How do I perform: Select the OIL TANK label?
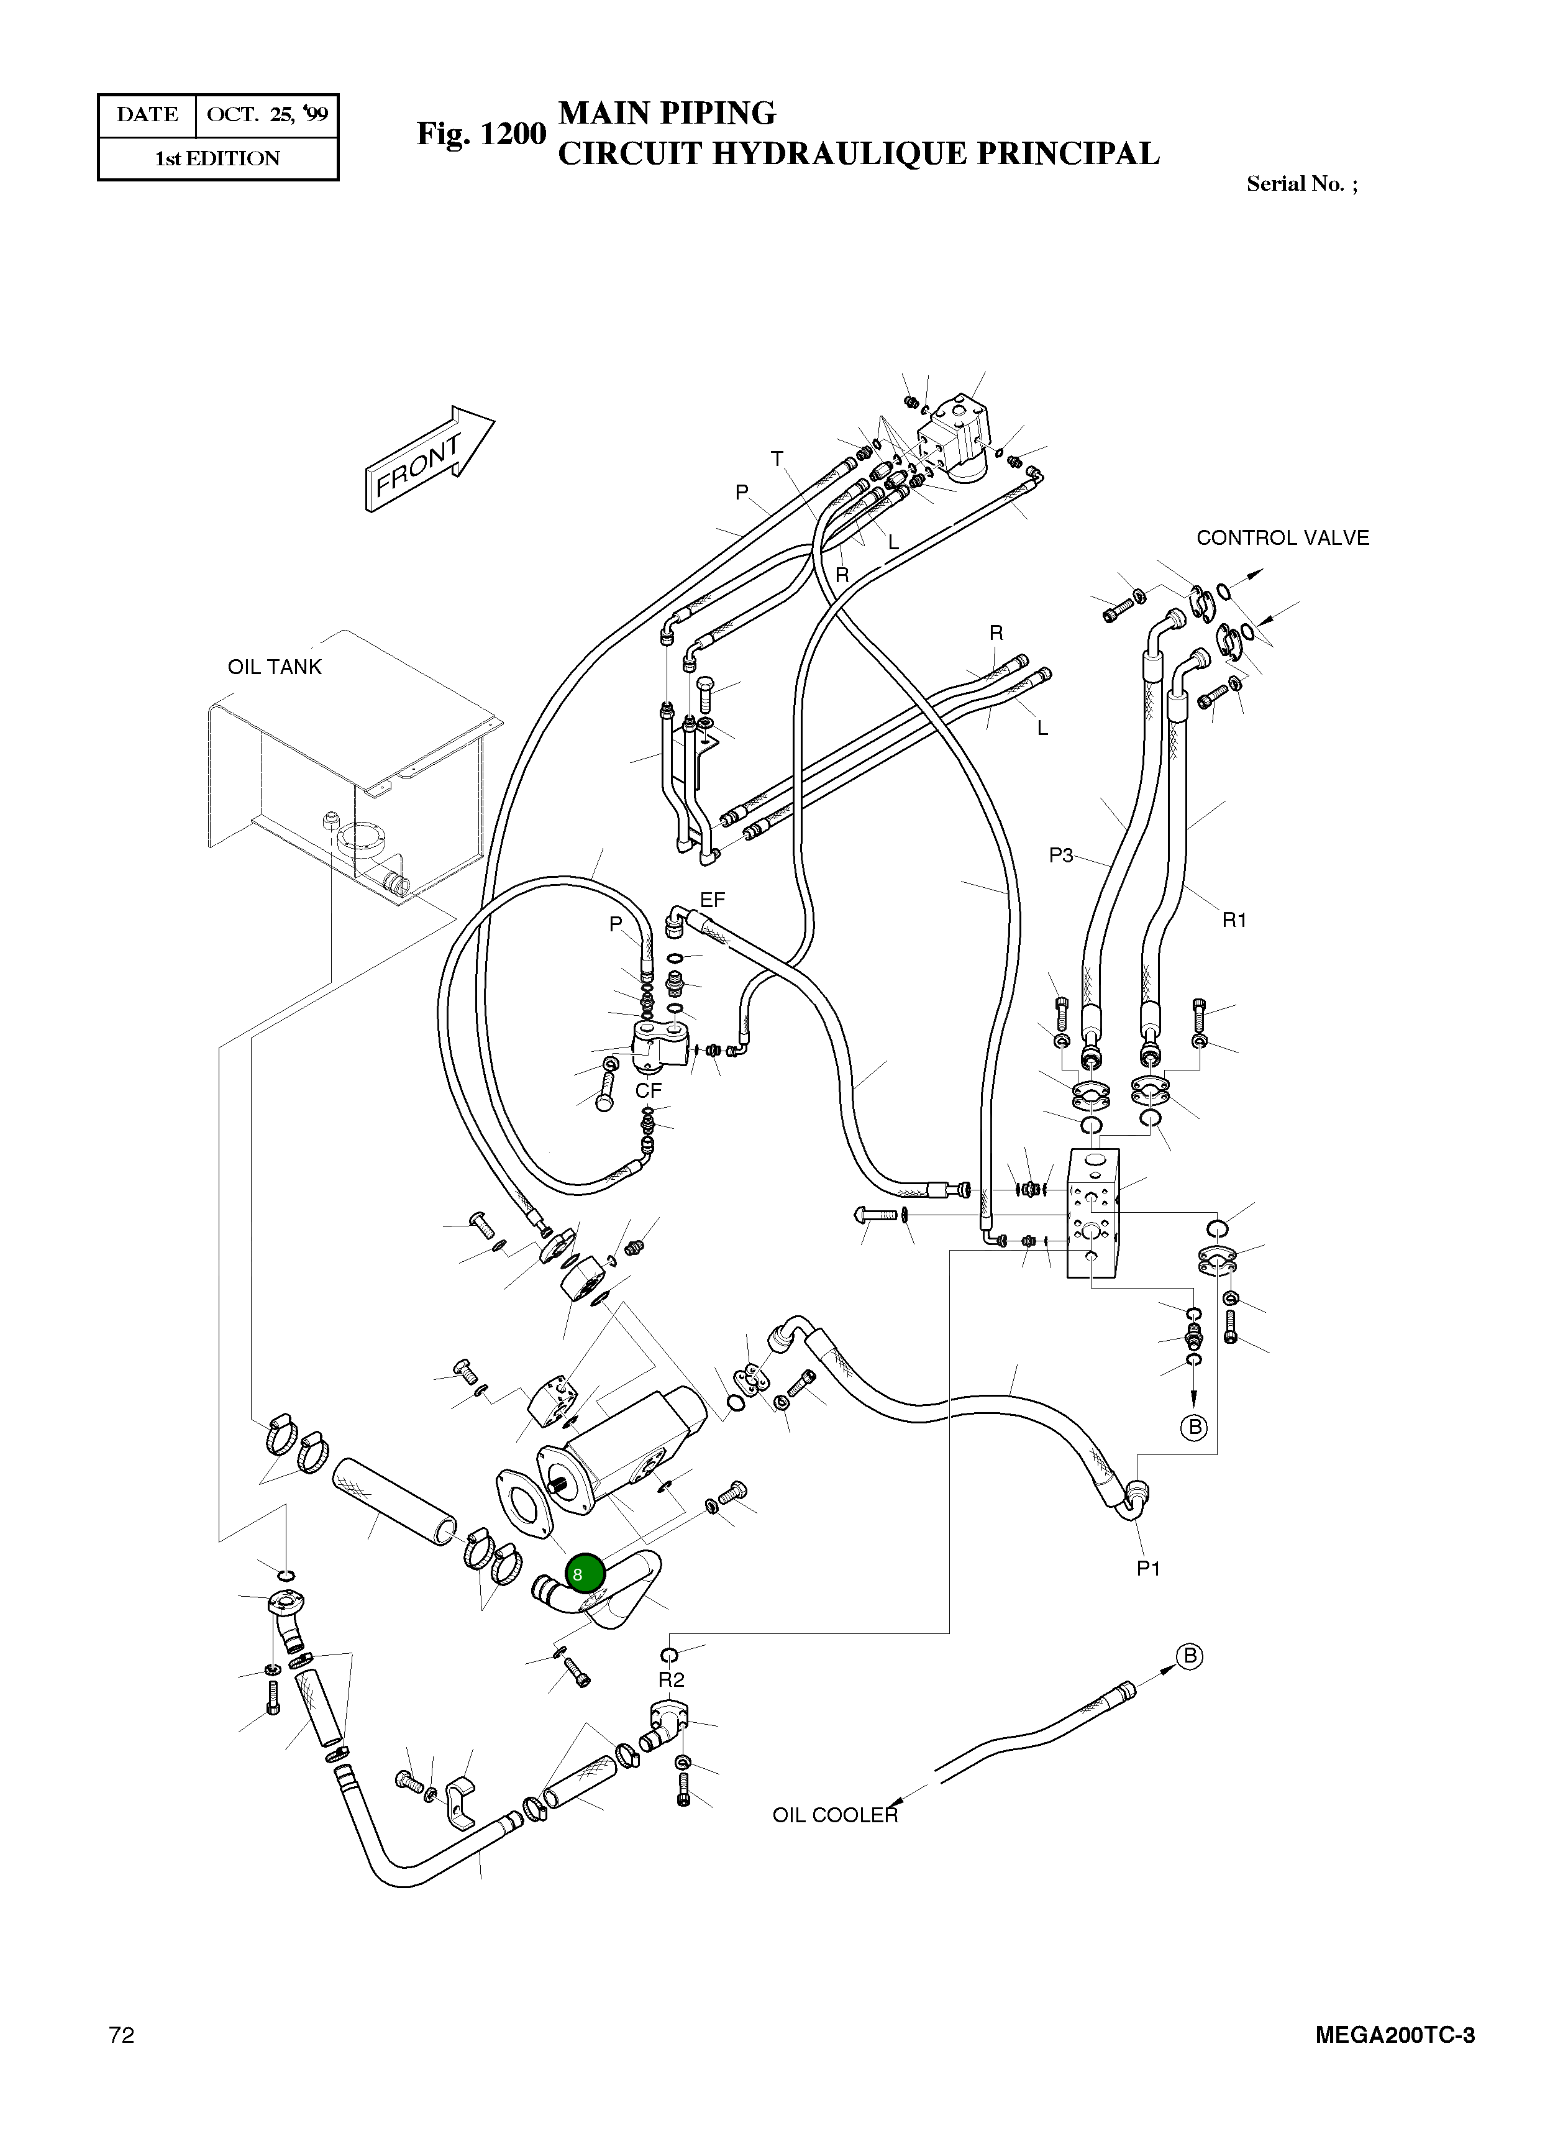coord(275,667)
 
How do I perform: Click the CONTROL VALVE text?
coord(1282,537)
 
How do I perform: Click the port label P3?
coord(1060,856)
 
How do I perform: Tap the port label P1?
coord(1149,1568)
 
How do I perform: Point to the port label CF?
coord(649,1091)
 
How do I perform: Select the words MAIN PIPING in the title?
coord(667,113)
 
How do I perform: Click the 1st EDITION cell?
coord(217,158)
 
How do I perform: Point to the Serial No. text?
coord(1301,184)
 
